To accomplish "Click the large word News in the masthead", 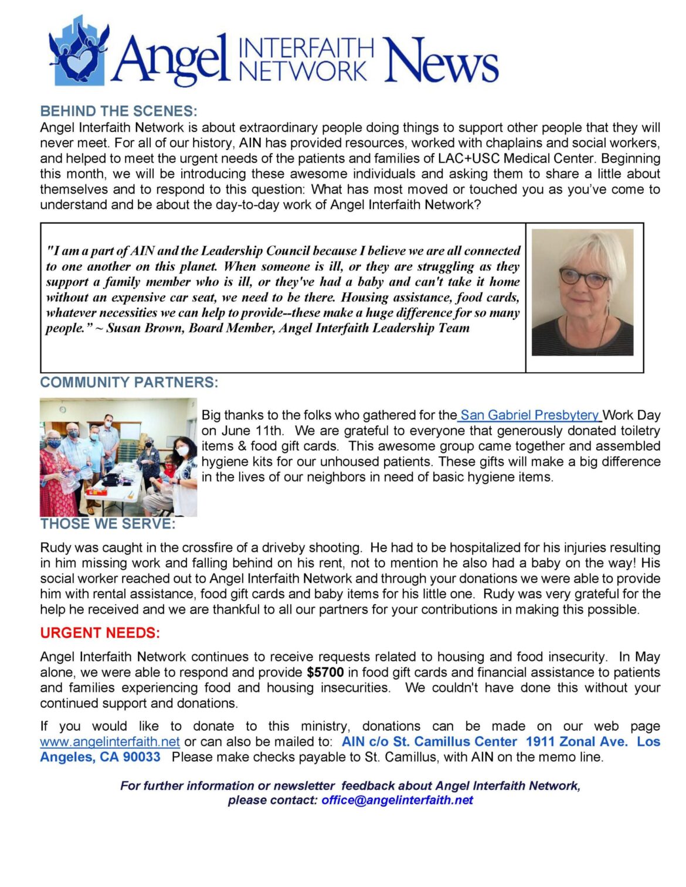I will point(440,60).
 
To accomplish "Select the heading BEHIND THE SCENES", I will point(118,111).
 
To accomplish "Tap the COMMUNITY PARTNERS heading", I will point(129,383).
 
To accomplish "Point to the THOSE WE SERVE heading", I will point(108,524).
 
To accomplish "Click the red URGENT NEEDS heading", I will point(100,633).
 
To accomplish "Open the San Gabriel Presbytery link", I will point(529,415).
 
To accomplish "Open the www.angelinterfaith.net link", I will point(110,742).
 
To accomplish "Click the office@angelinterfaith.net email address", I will point(397,800).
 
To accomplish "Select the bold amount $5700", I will point(325,672).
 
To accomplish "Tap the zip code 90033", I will point(141,757).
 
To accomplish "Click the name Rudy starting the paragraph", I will point(53,548).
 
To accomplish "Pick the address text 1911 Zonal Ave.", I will point(576,742).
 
